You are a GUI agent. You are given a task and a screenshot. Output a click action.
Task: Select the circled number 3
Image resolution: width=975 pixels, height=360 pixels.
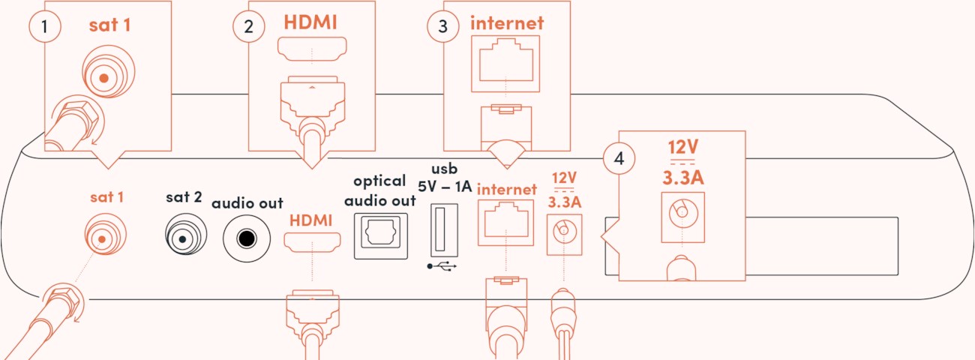pyautogui.click(x=443, y=27)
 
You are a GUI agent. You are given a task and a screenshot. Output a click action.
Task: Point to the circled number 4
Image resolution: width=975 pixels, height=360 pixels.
pyautogui.click(x=619, y=159)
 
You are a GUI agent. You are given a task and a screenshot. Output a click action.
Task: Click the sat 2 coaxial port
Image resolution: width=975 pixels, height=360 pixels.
pyautogui.click(x=182, y=238)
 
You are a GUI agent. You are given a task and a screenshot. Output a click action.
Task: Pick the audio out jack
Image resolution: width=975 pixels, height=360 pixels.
pyautogui.click(x=245, y=238)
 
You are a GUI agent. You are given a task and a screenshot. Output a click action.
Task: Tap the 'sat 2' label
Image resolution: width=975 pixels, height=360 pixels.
pyautogui.click(x=184, y=198)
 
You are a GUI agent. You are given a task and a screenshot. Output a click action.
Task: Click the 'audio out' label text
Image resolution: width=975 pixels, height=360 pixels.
pyautogui.click(x=247, y=203)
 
